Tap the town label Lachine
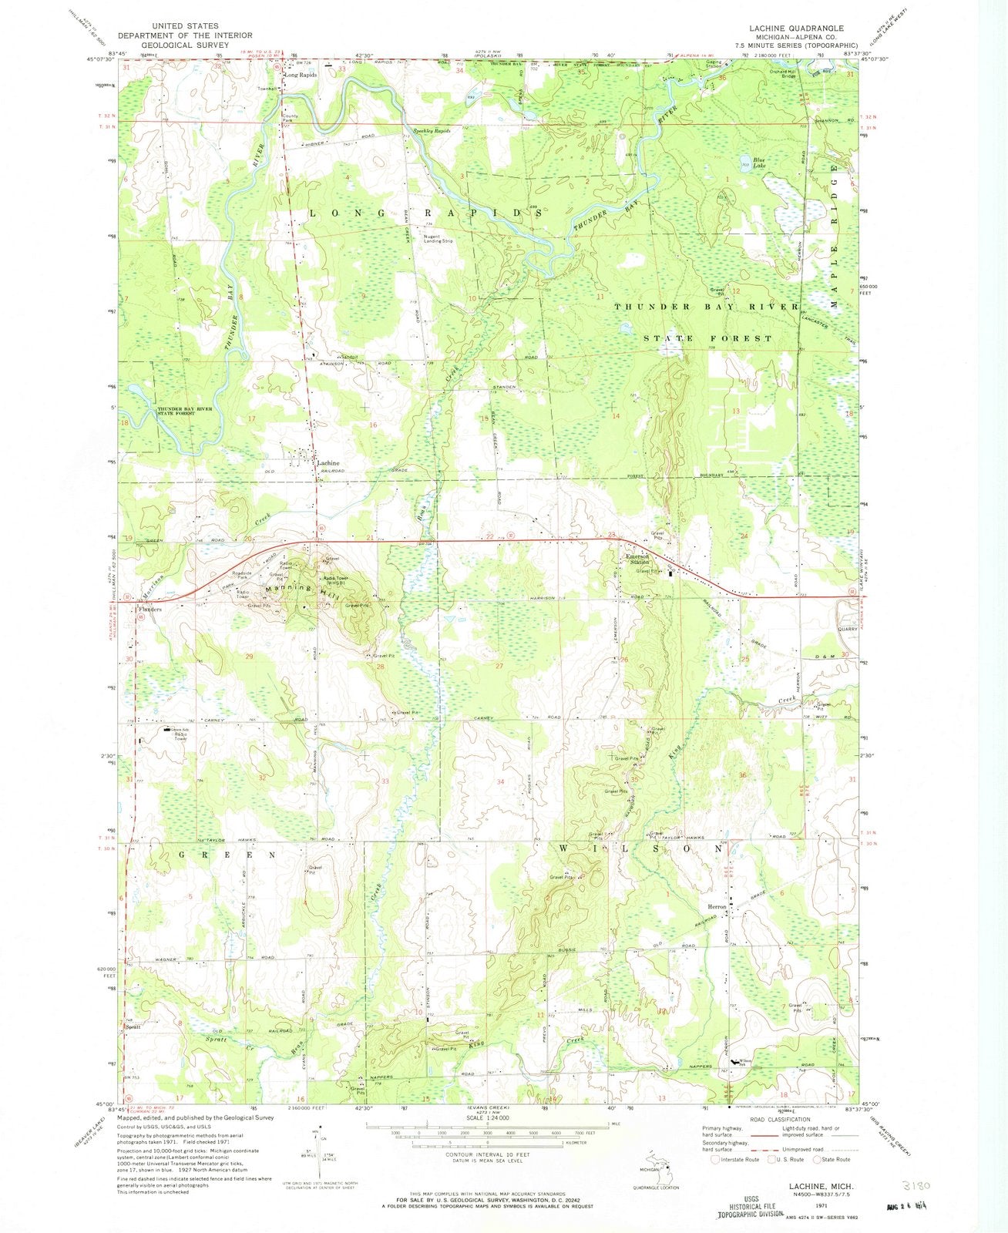328,463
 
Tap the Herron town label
717,907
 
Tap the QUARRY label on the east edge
847,629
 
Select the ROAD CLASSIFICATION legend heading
778,1118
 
